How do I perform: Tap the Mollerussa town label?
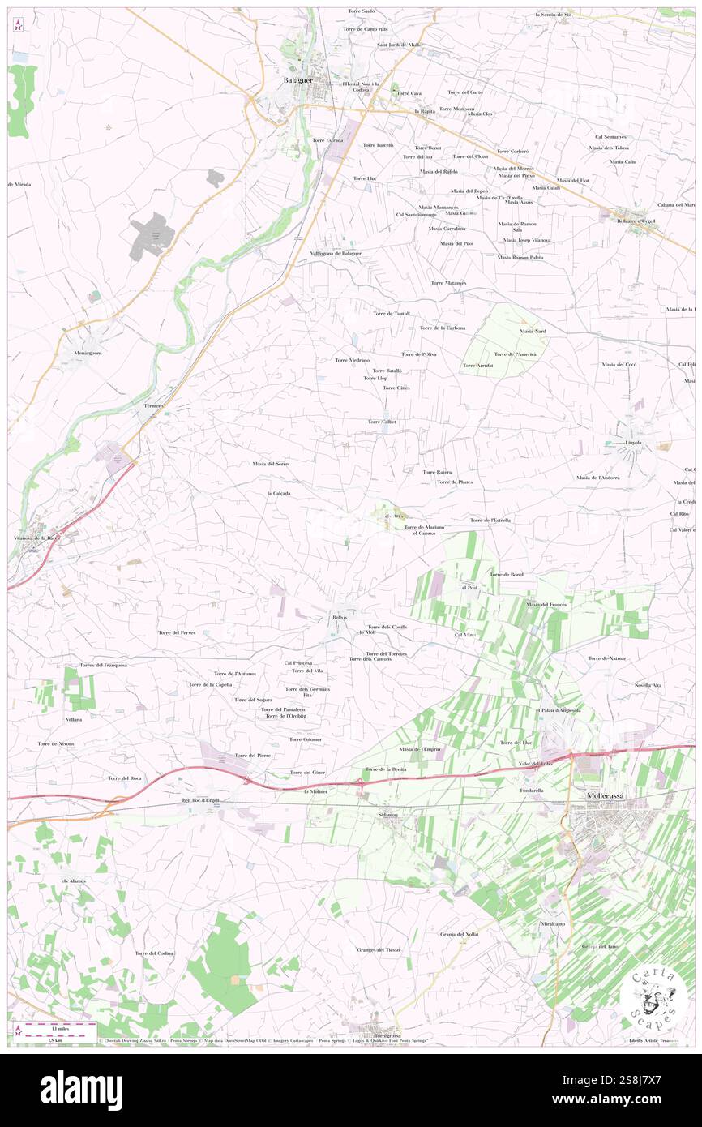606,797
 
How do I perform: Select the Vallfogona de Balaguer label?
336,254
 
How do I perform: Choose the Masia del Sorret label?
271,464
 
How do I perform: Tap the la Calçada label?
278,493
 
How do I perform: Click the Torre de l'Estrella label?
490,520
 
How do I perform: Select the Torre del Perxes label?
176,632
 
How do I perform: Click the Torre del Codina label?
154,953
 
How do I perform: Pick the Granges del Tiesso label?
378,949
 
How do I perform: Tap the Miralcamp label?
552,924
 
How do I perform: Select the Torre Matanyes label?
448,283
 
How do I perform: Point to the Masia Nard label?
533,331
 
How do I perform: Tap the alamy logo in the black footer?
81,1090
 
